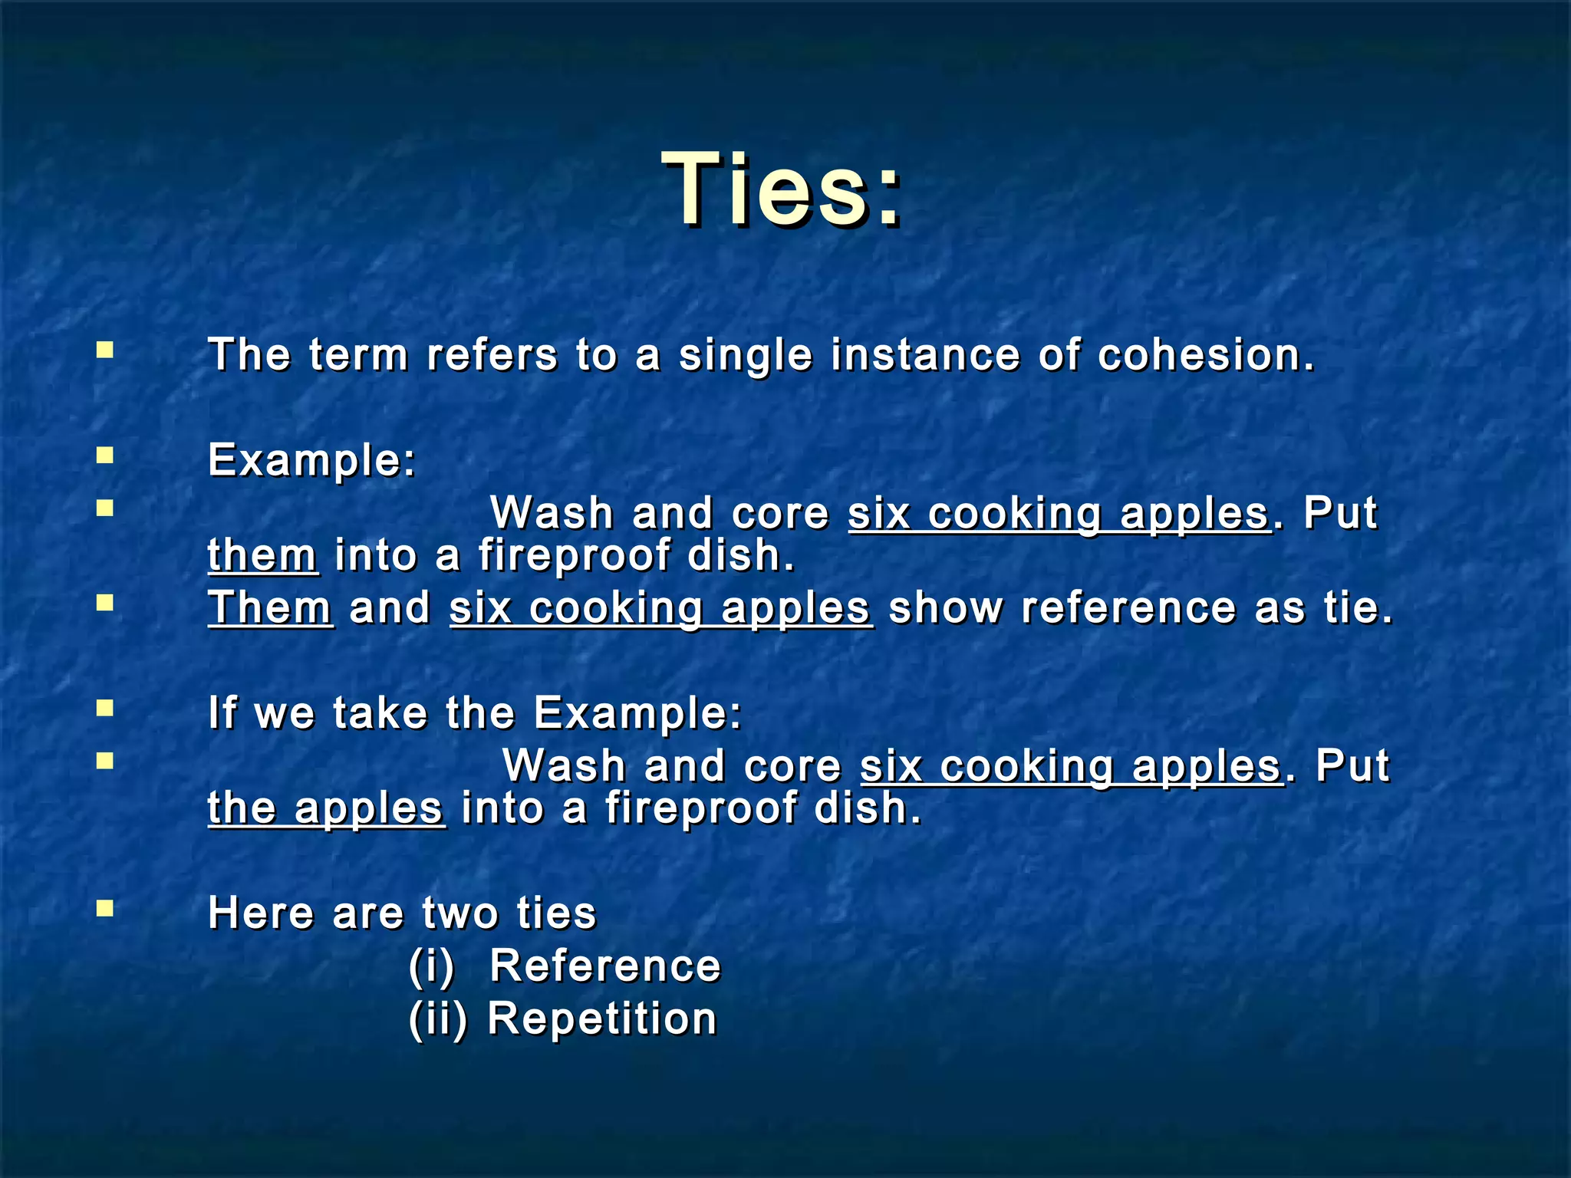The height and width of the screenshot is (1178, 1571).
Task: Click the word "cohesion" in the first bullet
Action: click(1205, 355)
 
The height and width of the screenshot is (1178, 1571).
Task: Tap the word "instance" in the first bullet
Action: click(925, 355)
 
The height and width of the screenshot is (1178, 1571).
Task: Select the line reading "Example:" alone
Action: click(311, 460)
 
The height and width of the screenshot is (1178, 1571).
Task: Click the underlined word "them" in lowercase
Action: click(262, 554)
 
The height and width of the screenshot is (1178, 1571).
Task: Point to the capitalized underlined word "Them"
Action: click(270, 607)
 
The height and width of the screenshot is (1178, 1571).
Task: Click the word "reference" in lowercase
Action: click(1128, 607)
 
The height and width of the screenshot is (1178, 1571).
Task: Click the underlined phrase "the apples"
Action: click(326, 808)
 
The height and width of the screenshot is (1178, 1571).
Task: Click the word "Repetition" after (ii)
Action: click(602, 1018)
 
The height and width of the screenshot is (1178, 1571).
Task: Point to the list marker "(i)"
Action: click(431, 966)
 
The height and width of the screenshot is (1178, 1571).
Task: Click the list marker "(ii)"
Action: click(437, 1019)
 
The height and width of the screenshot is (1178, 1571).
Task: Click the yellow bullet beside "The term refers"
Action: click(105, 351)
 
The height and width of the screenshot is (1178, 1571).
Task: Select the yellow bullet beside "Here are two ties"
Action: click(105, 910)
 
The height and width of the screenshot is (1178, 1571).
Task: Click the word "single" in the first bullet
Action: click(745, 357)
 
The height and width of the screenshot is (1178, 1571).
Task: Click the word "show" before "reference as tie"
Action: click(945, 607)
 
